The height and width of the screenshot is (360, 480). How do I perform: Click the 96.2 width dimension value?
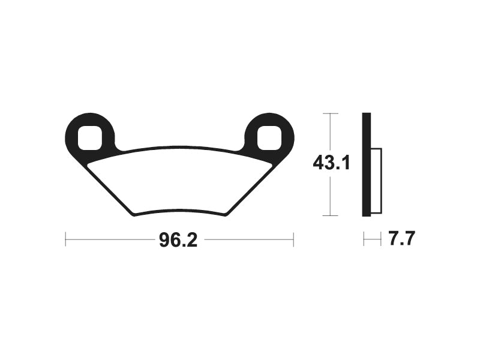pyautogui.click(x=178, y=240)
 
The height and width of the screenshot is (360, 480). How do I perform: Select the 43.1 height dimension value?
pyautogui.click(x=331, y=163)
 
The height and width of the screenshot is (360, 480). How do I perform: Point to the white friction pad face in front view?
pyautogui.click(x=179, y=180)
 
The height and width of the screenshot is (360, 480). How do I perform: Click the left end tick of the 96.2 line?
pyautogui.click(x=65, y=240)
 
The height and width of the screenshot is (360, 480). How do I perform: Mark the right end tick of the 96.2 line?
pyautogui.click(x=293, y=240)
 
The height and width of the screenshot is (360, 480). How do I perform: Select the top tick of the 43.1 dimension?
pyautogui.click(x=331, y=113)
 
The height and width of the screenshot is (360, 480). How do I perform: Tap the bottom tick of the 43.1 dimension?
pyautogui.click(x=331, y=215)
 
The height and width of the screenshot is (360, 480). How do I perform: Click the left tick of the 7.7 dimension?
pyautogui.click(x=364, y=240)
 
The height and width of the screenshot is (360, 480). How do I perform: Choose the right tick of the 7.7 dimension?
pyautogui.click(x=380, y=240)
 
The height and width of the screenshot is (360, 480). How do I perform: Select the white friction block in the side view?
pyautogui.click(x=376, y=180)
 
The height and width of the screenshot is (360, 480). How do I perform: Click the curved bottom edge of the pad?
pyautogui.click(x=179, y=209)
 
